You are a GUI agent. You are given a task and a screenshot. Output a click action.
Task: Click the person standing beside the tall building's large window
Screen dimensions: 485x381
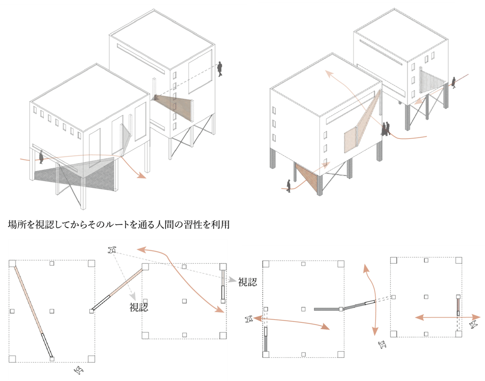[220, 69]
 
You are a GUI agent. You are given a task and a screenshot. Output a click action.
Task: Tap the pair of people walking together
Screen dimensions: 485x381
[386, 129]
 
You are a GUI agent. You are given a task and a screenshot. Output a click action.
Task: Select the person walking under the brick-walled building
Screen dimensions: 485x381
[41, 157]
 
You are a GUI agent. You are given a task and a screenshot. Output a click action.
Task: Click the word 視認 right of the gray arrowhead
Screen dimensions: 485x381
[247, 282]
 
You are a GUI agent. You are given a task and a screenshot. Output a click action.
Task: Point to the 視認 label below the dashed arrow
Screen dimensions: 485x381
[139, 307]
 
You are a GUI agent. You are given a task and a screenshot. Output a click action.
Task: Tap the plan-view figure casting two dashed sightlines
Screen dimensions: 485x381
[112, 250]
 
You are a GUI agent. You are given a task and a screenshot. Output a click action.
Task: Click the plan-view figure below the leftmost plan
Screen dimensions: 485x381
[78, 370]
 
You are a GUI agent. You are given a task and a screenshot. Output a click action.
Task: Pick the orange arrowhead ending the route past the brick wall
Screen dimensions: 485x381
[141, 175]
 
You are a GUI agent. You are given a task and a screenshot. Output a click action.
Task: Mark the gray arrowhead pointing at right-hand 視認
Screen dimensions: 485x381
[232, 280]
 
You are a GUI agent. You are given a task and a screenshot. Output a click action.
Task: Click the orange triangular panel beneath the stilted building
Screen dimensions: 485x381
[307, 179]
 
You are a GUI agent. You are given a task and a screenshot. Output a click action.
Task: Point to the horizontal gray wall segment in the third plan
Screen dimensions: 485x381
[327, 309]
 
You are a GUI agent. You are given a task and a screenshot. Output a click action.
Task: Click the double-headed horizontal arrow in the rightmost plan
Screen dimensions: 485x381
[447, 317]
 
